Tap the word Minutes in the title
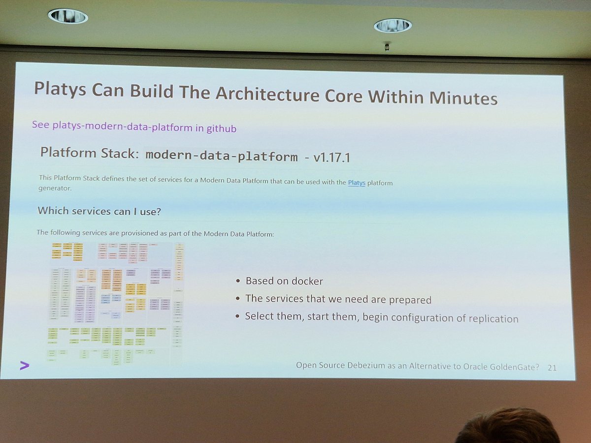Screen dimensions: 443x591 [463, 98]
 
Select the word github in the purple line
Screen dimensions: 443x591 [222, 129]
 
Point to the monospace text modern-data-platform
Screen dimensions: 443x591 [222, 157]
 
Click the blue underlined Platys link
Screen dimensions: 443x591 [357, 183]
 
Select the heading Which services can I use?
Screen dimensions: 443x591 [99, 211]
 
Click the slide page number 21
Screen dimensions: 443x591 [552, 367]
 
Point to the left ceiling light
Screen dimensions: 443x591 [68, 16]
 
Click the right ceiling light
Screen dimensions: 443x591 [393, 25]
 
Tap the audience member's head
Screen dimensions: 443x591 [507, 427]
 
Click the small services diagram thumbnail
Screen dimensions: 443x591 [117, 302]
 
